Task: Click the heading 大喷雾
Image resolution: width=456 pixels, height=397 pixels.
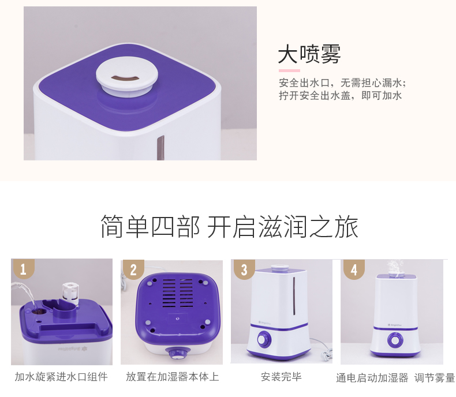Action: (x=309, y=54)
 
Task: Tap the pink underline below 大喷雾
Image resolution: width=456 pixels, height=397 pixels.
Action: (x=289, y=70)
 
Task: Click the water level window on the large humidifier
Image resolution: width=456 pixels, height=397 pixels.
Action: (x=160, y=148)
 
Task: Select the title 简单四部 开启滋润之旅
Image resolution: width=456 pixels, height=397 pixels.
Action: (x=229, y=227)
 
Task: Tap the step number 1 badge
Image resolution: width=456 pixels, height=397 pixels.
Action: (x=23, y=269)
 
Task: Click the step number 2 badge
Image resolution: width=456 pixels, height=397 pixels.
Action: (x=133, y=269)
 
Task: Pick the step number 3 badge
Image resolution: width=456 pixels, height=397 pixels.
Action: (x=244, y=269)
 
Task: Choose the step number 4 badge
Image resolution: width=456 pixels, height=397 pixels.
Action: (x=354, y=269)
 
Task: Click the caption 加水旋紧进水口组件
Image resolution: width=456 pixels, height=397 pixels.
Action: (x=61, y=377)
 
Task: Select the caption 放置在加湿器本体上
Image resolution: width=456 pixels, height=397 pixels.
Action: (x=173, y=377)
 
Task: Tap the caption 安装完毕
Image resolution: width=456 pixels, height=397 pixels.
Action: (x=281, y=377)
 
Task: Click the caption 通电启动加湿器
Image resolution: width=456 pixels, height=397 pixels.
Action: (x=372, y=378)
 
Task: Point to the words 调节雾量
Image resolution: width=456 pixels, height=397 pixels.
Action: (x=435, y=378)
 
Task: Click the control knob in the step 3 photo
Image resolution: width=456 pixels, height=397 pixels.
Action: (x=264, y=339)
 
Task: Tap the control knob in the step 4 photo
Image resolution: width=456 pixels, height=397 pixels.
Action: (x=395, y=340)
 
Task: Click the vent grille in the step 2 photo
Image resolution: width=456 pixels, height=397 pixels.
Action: (x=177, y=293)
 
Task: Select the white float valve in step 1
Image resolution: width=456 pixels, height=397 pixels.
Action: (x=70, y=294)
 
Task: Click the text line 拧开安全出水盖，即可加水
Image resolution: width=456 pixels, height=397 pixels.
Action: (x=340, y=95)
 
